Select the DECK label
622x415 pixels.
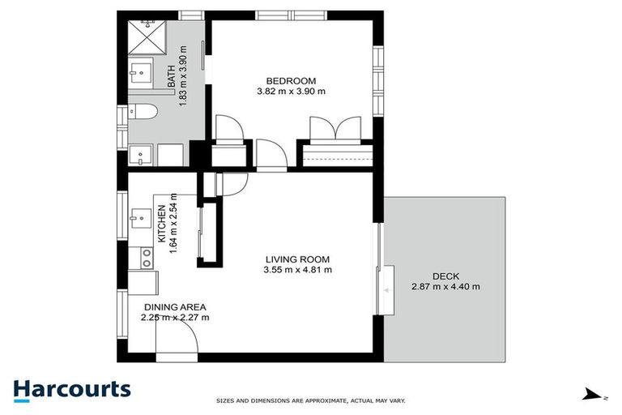coord(445,275)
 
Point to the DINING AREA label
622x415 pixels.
coord(176,306)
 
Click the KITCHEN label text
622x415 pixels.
coord(161,223)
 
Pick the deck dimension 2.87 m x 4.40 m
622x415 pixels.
coord(445,286)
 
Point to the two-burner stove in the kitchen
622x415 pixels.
coord(146,258)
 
